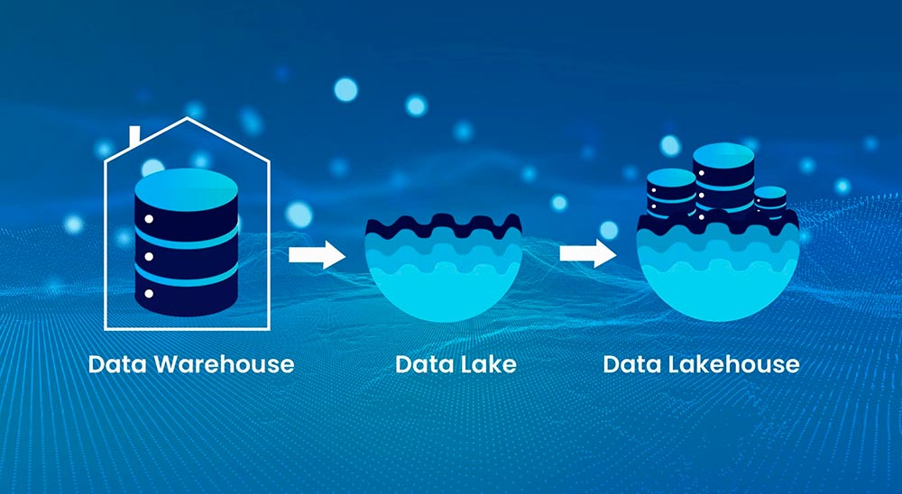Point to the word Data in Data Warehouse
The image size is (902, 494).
120,364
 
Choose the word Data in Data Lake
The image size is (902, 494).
421,364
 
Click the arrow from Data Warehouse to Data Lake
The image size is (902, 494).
317,254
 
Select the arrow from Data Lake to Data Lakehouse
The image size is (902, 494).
587,254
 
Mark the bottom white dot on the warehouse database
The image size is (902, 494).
146,293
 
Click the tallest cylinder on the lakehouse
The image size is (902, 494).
723,180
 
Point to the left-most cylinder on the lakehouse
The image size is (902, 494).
671,194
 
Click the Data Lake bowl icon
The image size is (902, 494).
444,270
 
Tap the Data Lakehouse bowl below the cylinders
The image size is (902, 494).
717,275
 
